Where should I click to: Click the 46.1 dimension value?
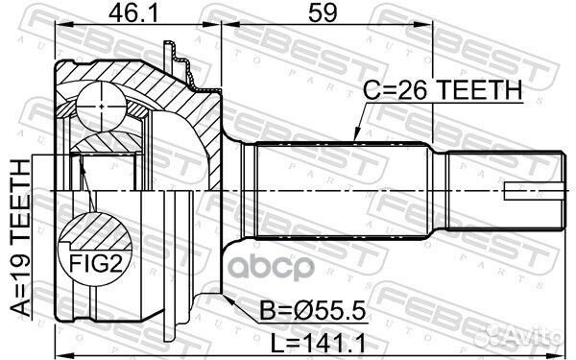tap(133, 13)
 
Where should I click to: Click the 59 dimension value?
tap(323, 13)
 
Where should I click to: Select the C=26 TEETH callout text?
tap(443, 89)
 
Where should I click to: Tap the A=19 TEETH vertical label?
tap(20, 238)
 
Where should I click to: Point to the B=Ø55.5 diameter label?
tap(313, 310)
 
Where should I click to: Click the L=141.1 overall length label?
tap(318, 344)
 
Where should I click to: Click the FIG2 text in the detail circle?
tap(96, 263)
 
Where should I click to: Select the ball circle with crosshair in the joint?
tap(102, 107)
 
